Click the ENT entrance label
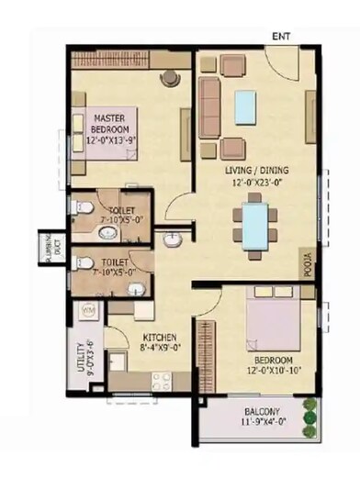click(281, 37)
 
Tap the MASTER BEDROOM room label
click(108, 124)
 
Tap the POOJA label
click(308, 263)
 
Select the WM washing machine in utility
click(90, 314)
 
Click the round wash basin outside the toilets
click(173, 241)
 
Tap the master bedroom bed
click(102, 133)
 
